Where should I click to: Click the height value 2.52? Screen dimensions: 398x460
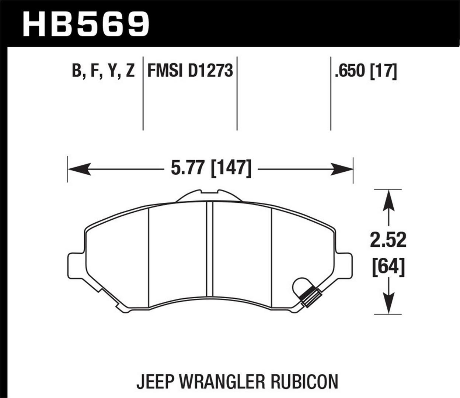(388, 240)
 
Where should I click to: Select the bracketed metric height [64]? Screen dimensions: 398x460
(388, 267)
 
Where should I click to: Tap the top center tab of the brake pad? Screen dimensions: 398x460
(209, 196)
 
